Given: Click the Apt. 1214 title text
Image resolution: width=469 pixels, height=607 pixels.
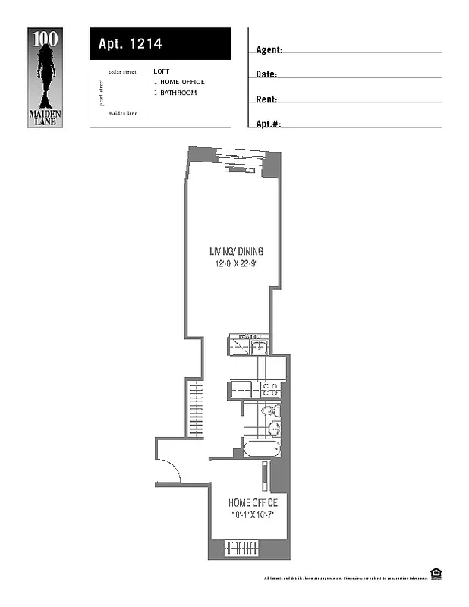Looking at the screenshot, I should click(x=130, y=44).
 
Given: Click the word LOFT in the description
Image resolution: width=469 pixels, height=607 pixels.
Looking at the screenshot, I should click(x=162, y=72).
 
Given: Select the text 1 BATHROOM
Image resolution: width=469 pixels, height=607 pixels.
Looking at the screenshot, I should click(x=175, y=93).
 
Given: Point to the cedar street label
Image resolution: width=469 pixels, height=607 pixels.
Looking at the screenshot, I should click(x=122, y=72).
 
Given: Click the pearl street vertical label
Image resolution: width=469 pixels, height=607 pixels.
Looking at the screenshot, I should click(x=101, y=92).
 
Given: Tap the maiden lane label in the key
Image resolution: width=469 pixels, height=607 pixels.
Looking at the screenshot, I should click(x=122, y=112).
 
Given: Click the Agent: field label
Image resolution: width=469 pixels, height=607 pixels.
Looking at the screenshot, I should click(x=269, y=50).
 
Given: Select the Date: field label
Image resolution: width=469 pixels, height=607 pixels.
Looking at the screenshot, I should click(x=266, y=74).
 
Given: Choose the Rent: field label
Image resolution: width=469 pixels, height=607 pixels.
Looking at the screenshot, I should click(x=266, y=99).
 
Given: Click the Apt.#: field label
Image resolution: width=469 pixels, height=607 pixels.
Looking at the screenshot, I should click(x=269, y=124).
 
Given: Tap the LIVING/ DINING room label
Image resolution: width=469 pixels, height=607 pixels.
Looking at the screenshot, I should click(x=237, y=252).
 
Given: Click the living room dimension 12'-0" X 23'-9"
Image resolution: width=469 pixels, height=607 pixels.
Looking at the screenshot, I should click(x=237, y=264).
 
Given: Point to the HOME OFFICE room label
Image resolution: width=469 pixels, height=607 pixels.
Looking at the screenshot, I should click(x=253, y=503).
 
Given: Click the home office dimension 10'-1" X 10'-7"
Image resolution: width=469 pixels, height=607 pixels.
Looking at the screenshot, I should click(x=253, y=515).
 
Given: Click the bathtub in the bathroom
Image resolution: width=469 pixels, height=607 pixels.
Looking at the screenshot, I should click(x=262, y=448).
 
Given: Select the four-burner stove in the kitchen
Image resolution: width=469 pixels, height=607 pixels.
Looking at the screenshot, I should click(x=269, y=389).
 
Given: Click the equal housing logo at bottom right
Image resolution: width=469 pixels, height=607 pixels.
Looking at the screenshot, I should click(x=436, y=573).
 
